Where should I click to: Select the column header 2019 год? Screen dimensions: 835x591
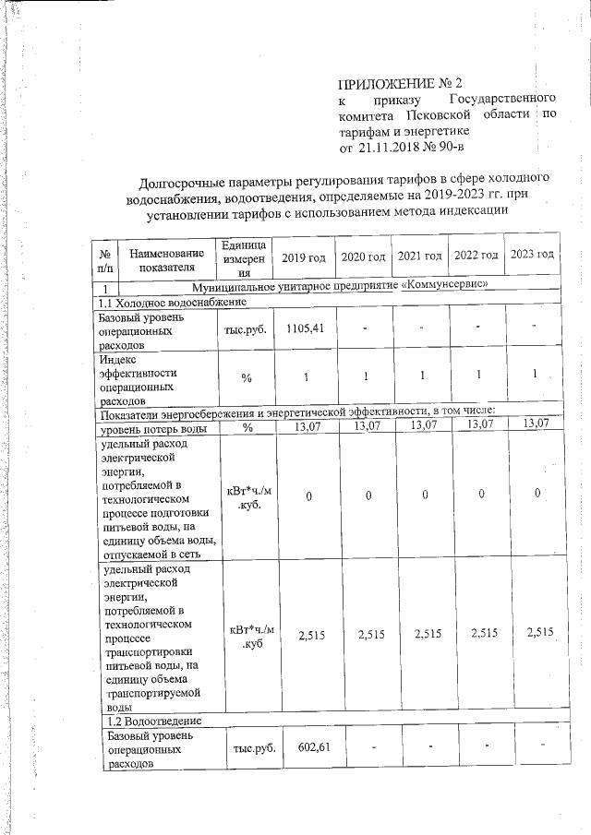[307, 255]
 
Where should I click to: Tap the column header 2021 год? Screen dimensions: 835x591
[419, 255]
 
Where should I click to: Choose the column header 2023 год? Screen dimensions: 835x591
[532, 254]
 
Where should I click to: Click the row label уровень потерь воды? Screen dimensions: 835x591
[153, 427]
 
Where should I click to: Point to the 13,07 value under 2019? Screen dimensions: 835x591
[307, 425]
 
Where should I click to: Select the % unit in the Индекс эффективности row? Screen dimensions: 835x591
[247, 377]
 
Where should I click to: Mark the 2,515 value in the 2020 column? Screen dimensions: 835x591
[366, 633]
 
